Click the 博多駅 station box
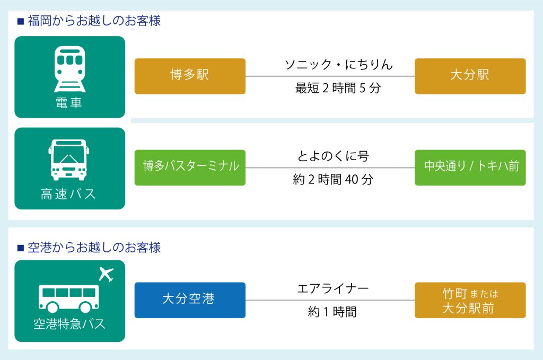[x=190, y=76]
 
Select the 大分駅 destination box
[x=470, y=76]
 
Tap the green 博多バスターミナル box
[x=190, y=168]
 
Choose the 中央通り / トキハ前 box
[x=470, y=168]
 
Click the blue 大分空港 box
[x=190, y=300]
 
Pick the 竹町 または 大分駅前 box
[x=470, y=300]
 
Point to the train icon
[x=69, y=69]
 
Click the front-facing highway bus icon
[x=69, y=160]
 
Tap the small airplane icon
[x=106, y=274]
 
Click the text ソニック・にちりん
[x=339, y=64]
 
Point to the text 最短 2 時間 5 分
[x=338, y=88]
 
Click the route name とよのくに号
[x=333, y=156]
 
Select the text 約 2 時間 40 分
[x=333, y=179]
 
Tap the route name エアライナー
[x=333, y=288]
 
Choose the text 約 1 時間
[x=332, y=312]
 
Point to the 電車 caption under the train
[x=69, y=103]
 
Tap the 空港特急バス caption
[x=69, y=324]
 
